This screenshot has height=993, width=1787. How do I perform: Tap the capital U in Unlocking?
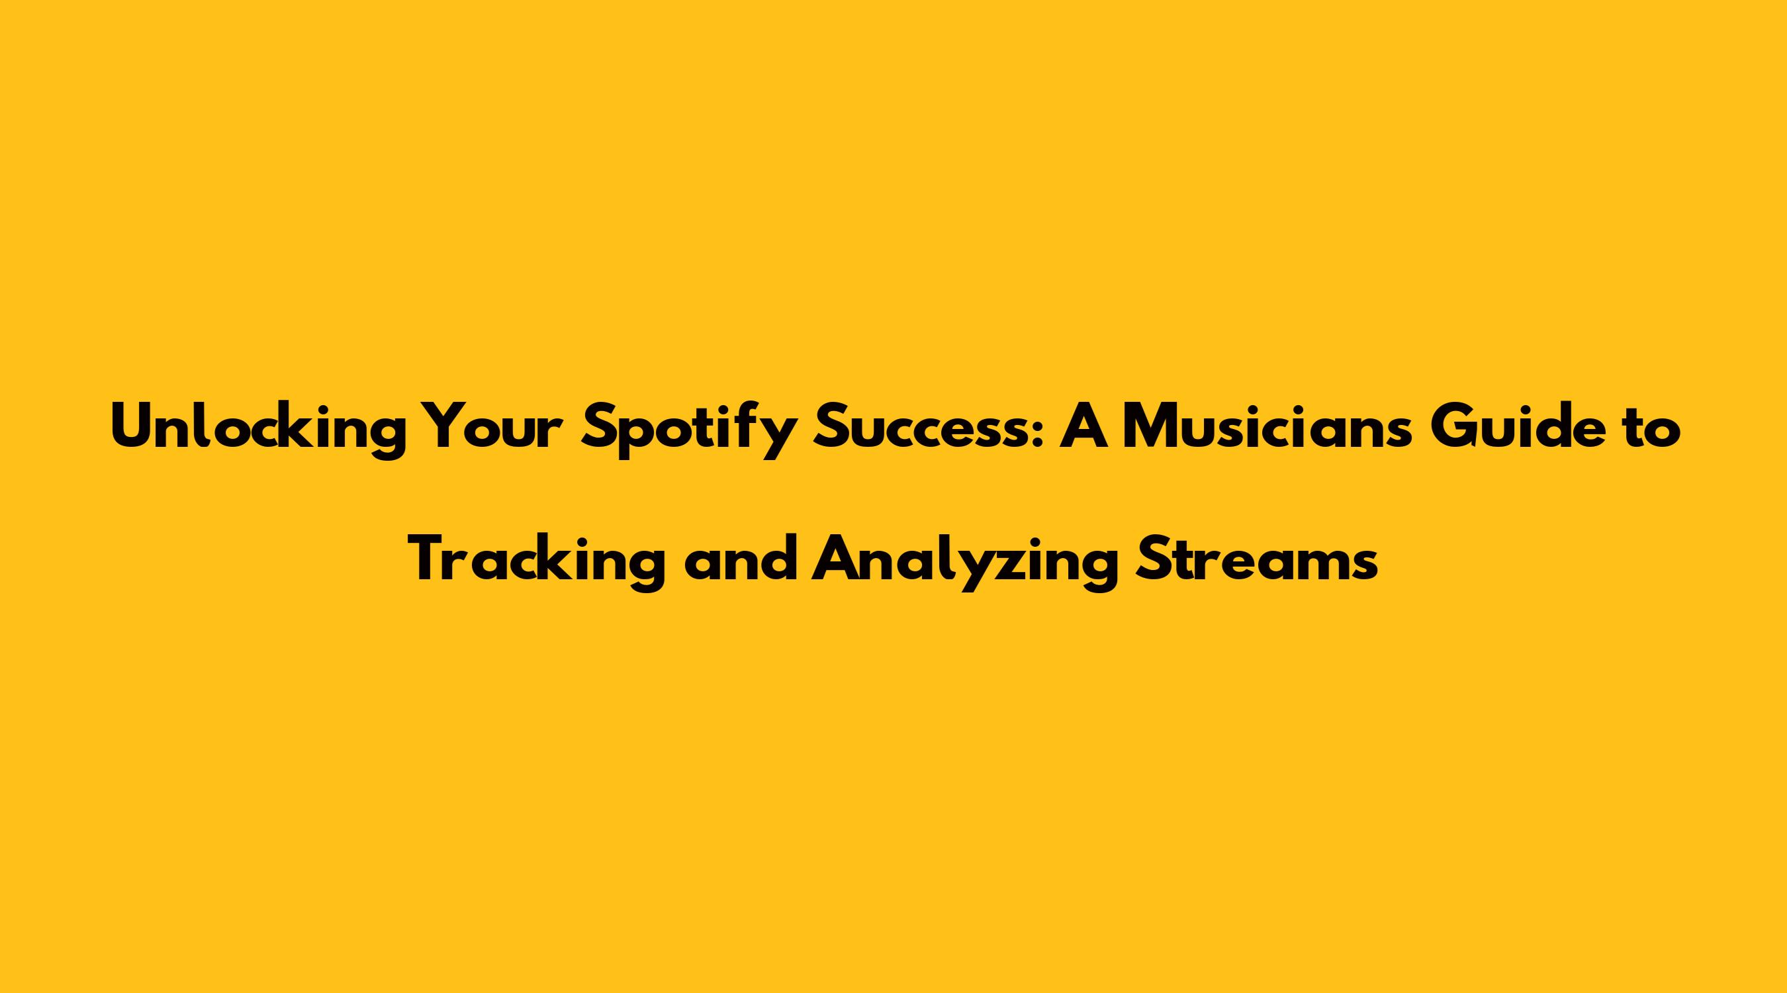[131, 426]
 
